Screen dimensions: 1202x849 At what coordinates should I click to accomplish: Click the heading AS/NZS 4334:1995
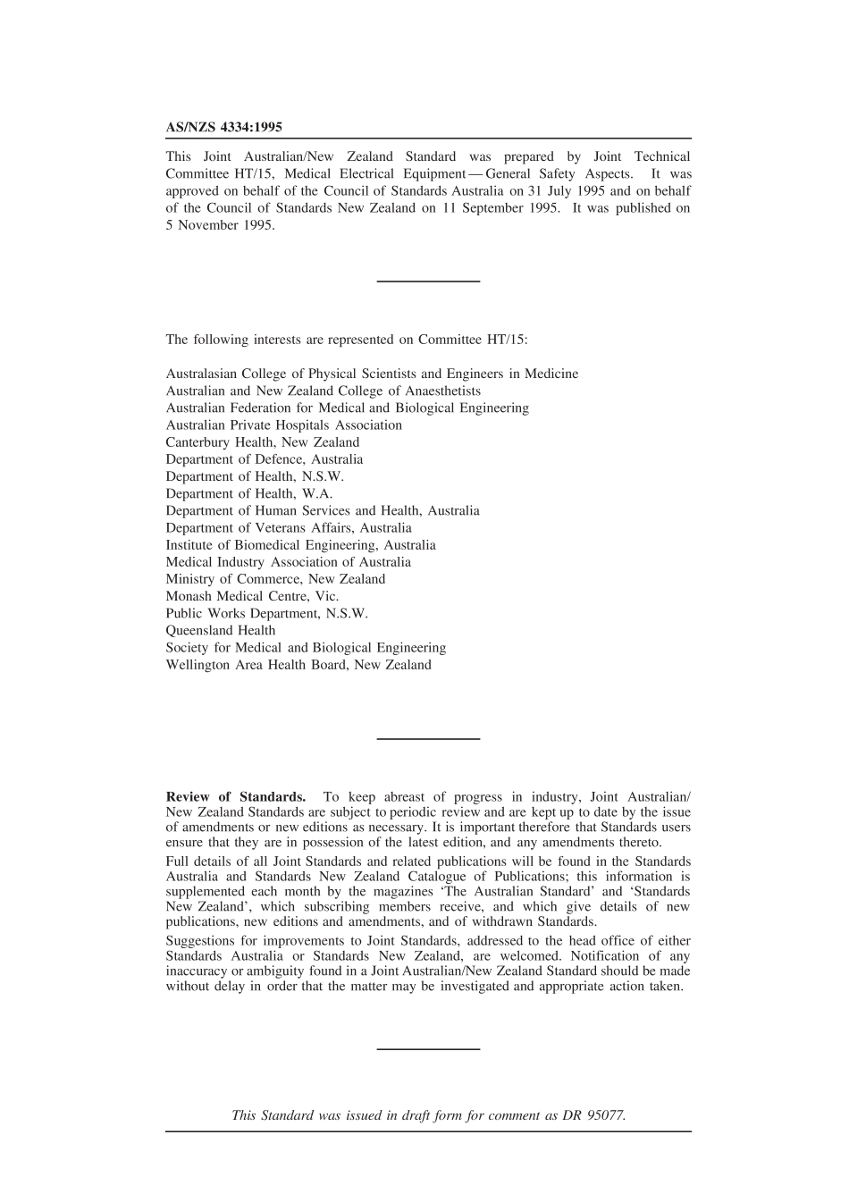pos(223,128)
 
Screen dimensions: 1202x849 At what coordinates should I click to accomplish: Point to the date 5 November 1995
pos(220,225)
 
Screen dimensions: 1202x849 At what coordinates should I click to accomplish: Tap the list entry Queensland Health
pos(221,631)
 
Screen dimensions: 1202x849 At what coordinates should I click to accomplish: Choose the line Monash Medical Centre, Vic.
pos(252,596)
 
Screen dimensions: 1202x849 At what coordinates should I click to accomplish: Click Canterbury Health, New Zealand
pos(263,442)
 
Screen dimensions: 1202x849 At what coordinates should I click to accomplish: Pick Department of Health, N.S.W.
pos(255,477)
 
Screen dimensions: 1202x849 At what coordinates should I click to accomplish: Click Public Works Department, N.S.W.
pos(266,614)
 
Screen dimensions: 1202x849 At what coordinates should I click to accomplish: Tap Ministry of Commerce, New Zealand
pos(275,579)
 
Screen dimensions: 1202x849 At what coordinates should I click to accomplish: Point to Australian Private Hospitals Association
pos(283,425)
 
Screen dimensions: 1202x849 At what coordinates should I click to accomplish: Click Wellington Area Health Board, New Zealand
pos(298,665)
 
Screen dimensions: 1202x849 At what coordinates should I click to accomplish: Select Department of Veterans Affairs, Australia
pos(289,528)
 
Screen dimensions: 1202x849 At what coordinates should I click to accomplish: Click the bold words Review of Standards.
pos(236,797)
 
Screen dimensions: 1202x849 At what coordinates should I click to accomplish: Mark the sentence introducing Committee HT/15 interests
pos(347,340)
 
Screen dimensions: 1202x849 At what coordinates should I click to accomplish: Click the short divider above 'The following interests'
pos(428,282)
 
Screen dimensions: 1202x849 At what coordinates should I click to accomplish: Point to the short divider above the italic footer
pos(428,1048)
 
